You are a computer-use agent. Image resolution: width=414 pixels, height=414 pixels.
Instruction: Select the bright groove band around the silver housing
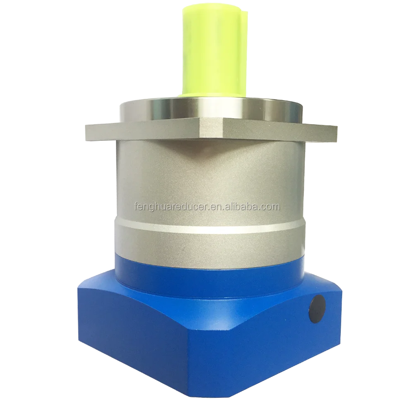click(207, 226)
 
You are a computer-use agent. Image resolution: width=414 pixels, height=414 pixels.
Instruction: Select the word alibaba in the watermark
click(245, 206)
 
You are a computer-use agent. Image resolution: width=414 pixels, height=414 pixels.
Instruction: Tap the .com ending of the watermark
click(271, 206)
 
